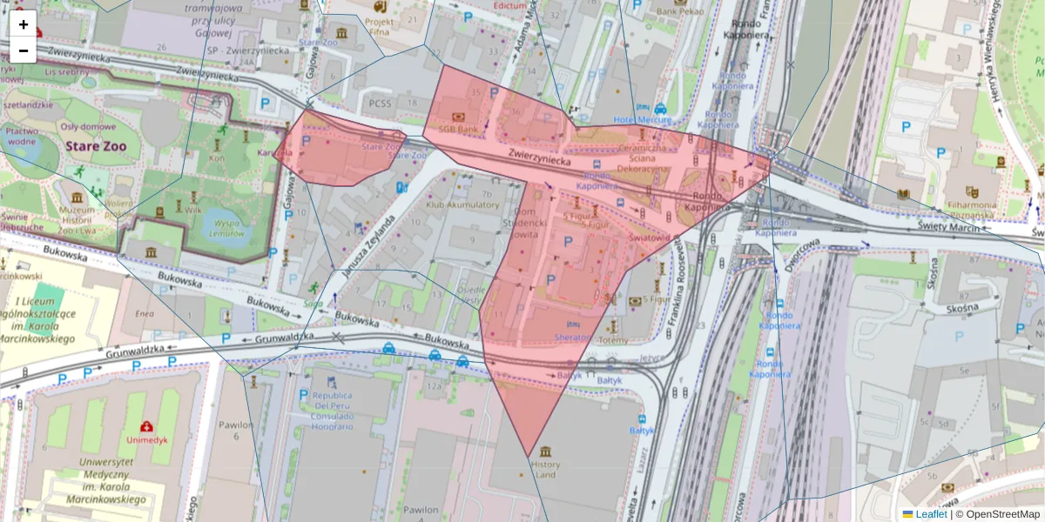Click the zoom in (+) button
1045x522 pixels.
pos(24,23)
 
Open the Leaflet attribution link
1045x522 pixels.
pos(931,514)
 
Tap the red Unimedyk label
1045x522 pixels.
pos(146,439)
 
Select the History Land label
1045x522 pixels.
pos(546,470)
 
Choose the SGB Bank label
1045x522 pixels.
pos(458,129)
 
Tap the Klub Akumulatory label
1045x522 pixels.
pos(462,205)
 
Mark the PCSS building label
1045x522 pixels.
pos(381,103)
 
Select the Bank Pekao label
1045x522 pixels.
pos(680,12)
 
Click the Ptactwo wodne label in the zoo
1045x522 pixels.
pos(21,135)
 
